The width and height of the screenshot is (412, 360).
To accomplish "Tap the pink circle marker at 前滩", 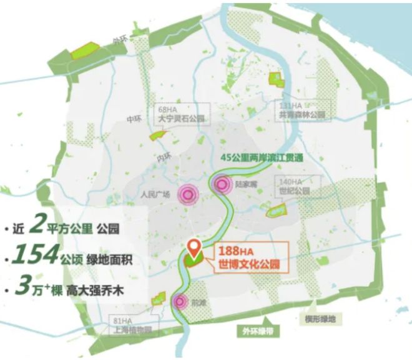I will pos(180,302).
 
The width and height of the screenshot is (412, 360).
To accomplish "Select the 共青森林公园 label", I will pos(303,116).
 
